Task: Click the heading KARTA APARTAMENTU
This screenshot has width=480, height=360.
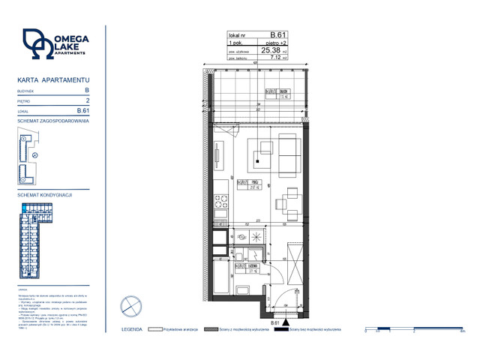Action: click(x=53, y=79)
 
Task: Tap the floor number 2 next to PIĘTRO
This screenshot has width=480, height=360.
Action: click(x=88, y=99)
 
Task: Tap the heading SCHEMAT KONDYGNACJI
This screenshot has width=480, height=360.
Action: click(x=44, y=195)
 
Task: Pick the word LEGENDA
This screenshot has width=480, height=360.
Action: click(x=132, y=329)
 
